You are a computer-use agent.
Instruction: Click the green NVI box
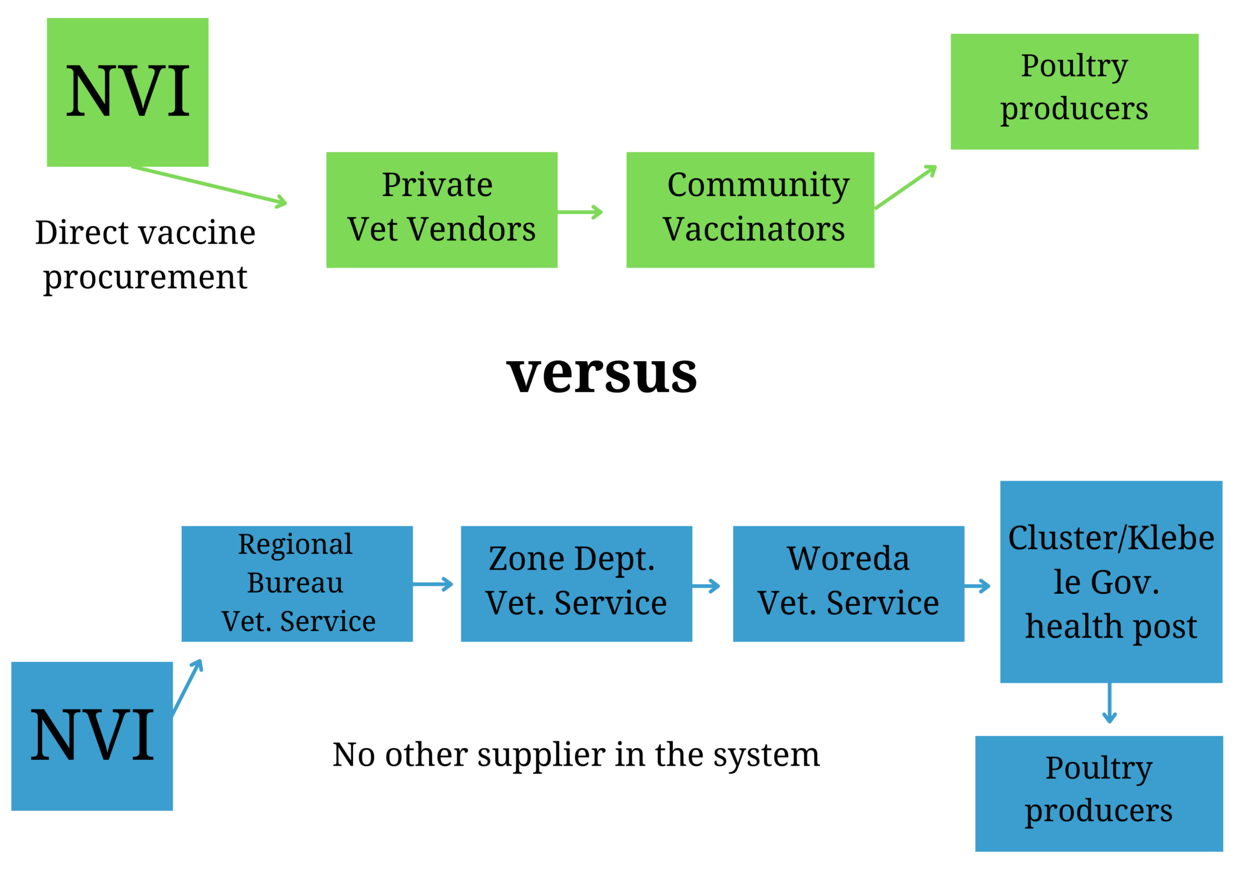[x=128, y=92]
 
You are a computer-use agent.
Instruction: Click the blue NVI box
[x=92, y=736]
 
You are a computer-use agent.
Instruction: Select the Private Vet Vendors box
[x=441, y=209]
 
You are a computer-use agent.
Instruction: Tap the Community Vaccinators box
[x=750, y=209]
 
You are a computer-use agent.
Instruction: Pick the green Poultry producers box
[x=1074, y=91]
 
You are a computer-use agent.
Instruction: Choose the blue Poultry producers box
[x=1099, y=793]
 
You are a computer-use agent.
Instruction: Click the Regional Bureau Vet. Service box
[x=296, y=584]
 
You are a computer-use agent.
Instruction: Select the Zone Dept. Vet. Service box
[x=576, y=584]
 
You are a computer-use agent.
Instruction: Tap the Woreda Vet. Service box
[x=848, y=584]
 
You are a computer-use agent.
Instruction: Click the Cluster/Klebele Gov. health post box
[x=1111, y=582]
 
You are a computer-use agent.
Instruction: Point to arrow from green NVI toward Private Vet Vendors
[x=211, y=186]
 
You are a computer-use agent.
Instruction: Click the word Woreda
[x=848, y=559]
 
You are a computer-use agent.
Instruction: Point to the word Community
[x=759, y=185]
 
